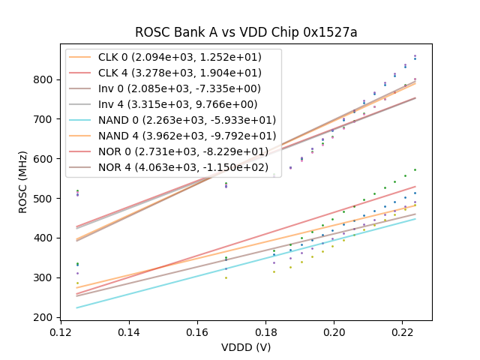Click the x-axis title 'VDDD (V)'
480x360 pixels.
tap(245, 347)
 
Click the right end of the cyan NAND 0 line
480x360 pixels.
tap(415, 218)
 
